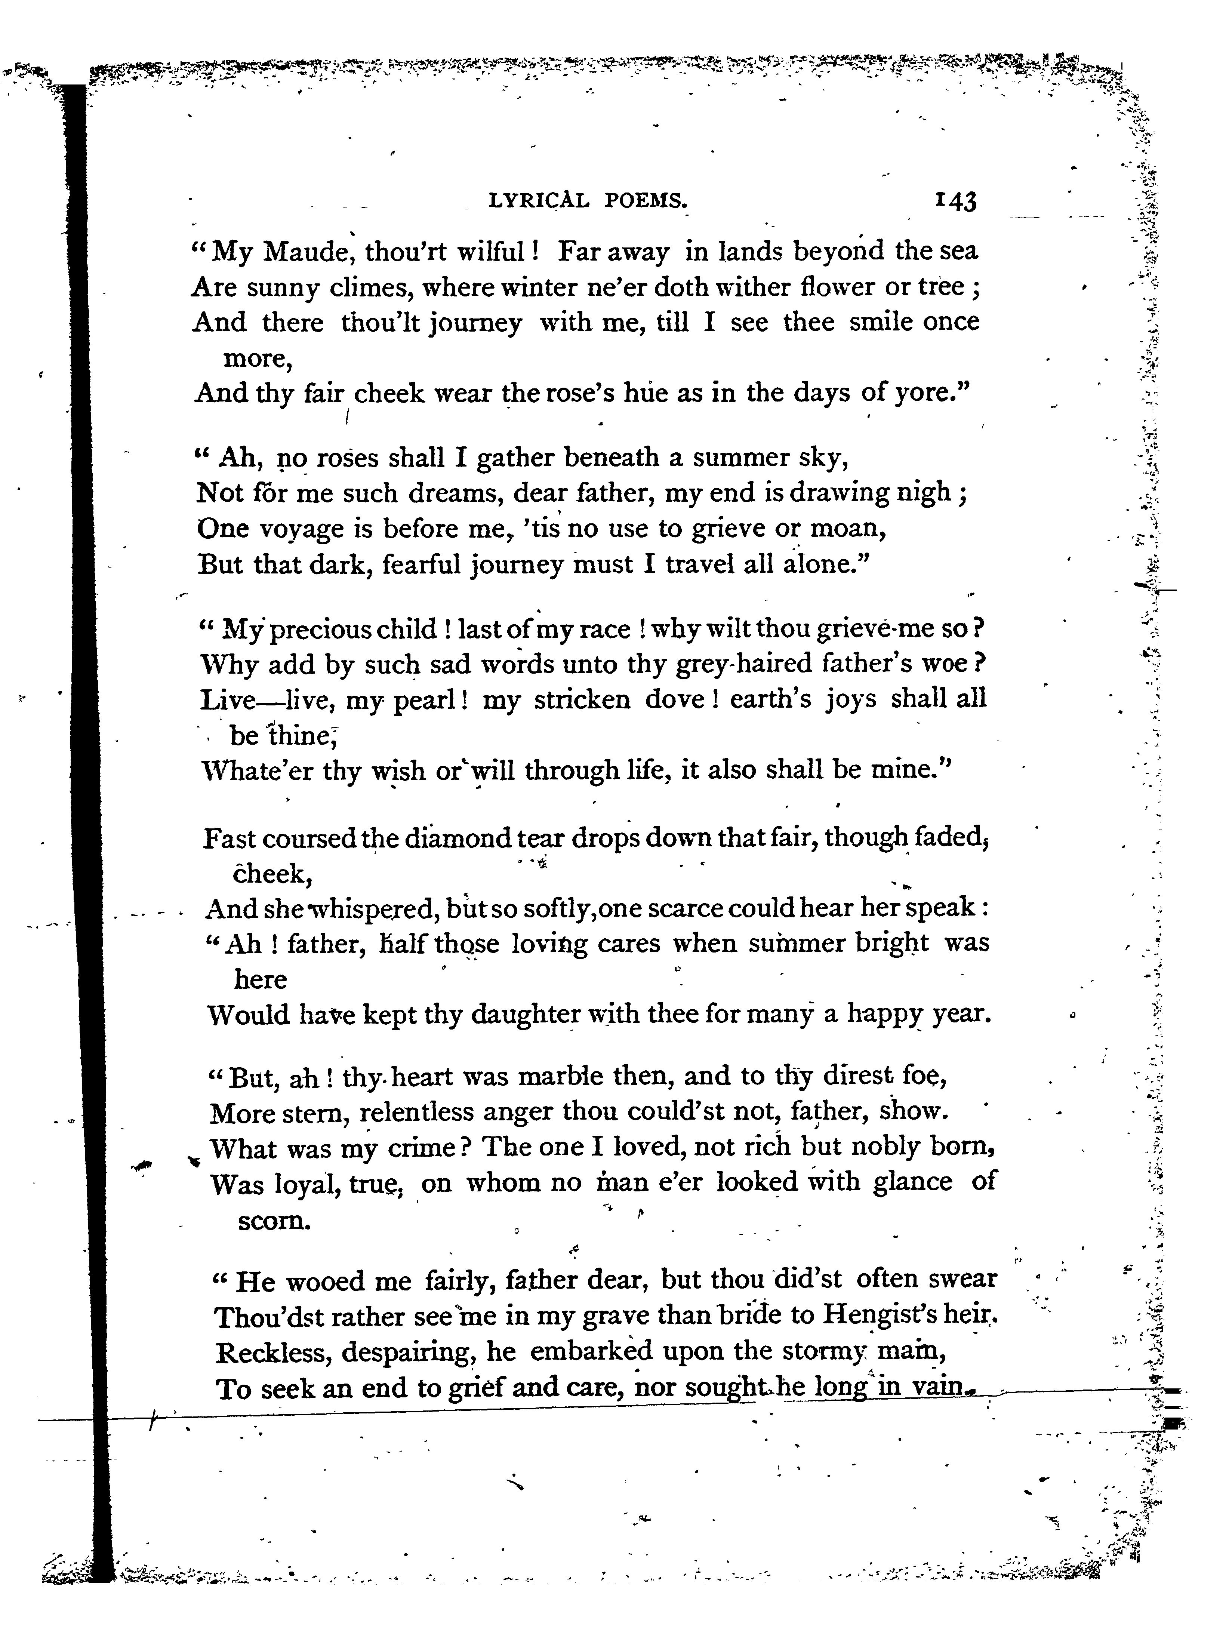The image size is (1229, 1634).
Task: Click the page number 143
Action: point(956,200)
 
